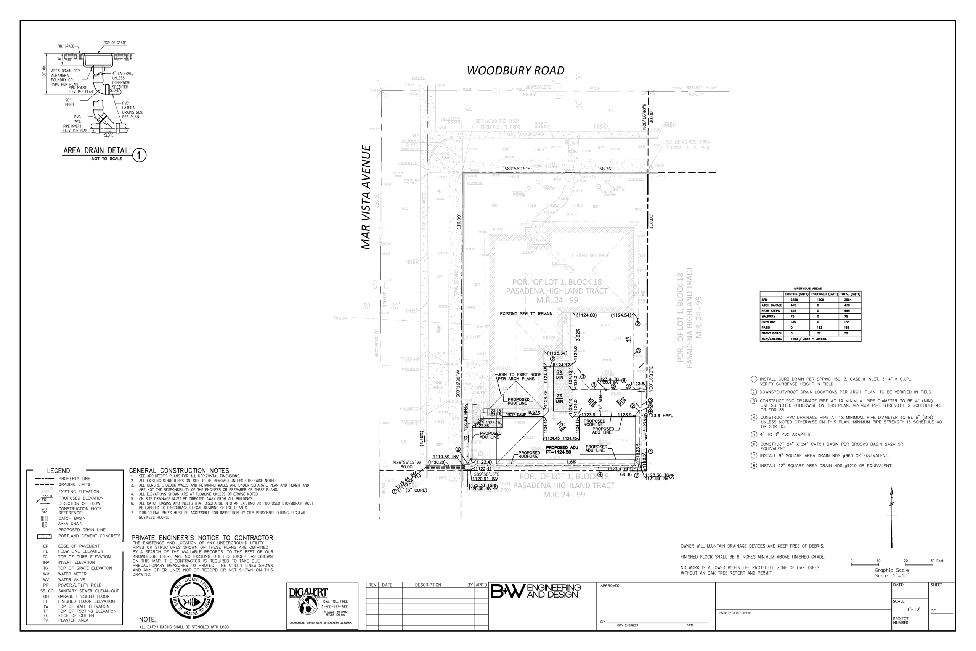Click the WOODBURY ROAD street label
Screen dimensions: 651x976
(x=515, y=71)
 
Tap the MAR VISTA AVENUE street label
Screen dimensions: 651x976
(x=366, y=197)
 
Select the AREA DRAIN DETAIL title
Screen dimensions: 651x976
(x=96, y=151)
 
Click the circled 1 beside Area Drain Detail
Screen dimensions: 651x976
(x=140, y=155)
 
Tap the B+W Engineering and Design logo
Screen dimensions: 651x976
(x=535, y=591)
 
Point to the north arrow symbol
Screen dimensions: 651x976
(x=891, y=517)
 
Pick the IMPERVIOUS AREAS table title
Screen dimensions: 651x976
(x=807, y=289)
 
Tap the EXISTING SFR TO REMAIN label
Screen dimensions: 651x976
(x=526, y=314)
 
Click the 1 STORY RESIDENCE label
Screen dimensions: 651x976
(x=590, y=256)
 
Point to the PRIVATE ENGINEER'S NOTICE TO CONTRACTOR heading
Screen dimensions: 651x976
(x=202, y=538)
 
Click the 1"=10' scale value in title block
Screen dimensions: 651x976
(x=913, y=609)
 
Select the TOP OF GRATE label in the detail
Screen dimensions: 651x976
(x=115, y=43)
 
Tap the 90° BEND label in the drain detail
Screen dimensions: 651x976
(x=69, y=102)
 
